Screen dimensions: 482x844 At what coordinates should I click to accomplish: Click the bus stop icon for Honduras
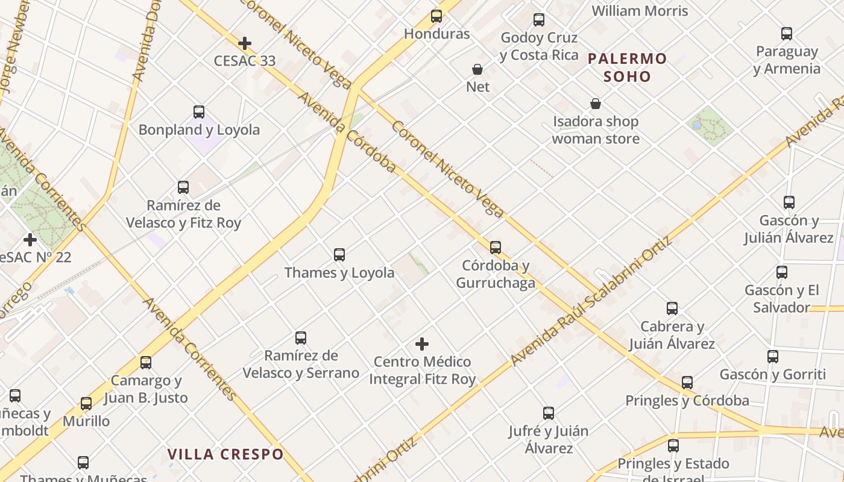click(x=436, y=16)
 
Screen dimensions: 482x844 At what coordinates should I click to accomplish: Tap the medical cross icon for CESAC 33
click(x=245, y=43)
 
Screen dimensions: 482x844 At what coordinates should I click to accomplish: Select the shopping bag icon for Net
click(x=477, y=69)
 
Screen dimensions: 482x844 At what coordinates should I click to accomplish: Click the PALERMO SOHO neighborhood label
click(x=627, y=67)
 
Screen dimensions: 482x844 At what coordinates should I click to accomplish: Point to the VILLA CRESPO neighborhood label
click(x=225, y=454)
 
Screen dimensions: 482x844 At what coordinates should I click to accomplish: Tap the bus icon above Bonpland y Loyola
click(x=199, y=112)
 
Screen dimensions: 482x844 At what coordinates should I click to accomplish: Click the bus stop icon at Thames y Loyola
click(x=339, y=255)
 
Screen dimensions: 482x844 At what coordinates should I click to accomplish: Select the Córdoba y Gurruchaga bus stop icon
click(x=496, y=248)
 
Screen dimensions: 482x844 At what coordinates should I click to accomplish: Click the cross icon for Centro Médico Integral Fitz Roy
click(x=422, y=344)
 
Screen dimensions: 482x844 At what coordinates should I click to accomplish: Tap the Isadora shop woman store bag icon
click(x=596, y=104)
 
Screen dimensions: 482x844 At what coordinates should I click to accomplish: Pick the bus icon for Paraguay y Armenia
click(x=787, y=34)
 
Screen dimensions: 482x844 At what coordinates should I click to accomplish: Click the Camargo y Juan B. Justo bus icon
click(x=146, y=363)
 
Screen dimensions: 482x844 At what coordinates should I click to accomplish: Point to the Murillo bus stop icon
click(x=86, y=404)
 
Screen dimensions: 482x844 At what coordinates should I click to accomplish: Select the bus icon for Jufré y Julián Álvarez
click(x=549, y=413)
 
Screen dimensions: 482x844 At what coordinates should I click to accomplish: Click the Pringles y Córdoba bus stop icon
click(x=687, y=383)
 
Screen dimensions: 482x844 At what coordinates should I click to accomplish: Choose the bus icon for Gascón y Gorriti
click(x=773, y=357)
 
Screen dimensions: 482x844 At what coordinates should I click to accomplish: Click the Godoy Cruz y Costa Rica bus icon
click(x=539, y=20)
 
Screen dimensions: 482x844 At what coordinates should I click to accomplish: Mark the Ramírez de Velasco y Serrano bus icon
click(x=301, y=338)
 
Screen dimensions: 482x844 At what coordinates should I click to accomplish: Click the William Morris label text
click(x=640, y=11)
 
